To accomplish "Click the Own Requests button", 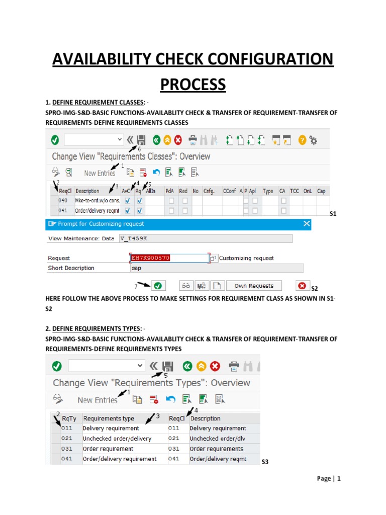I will pos(254,286).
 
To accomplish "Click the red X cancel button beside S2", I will pos(302,286).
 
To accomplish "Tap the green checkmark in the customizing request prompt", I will pos(158,286).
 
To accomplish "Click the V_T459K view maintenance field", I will pos(205,238).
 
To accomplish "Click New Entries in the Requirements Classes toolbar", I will pos(100,173).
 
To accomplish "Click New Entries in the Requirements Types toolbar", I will pos(98,400).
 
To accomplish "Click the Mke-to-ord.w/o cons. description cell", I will pos(98,201).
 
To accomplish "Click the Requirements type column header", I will pos(109,418).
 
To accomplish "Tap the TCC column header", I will pos(295,191).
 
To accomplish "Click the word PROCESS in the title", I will pos(193,84).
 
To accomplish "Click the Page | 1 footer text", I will pos(329,479).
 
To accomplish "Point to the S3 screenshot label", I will pos(265,462).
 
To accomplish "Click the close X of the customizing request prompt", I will pos(307,224).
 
